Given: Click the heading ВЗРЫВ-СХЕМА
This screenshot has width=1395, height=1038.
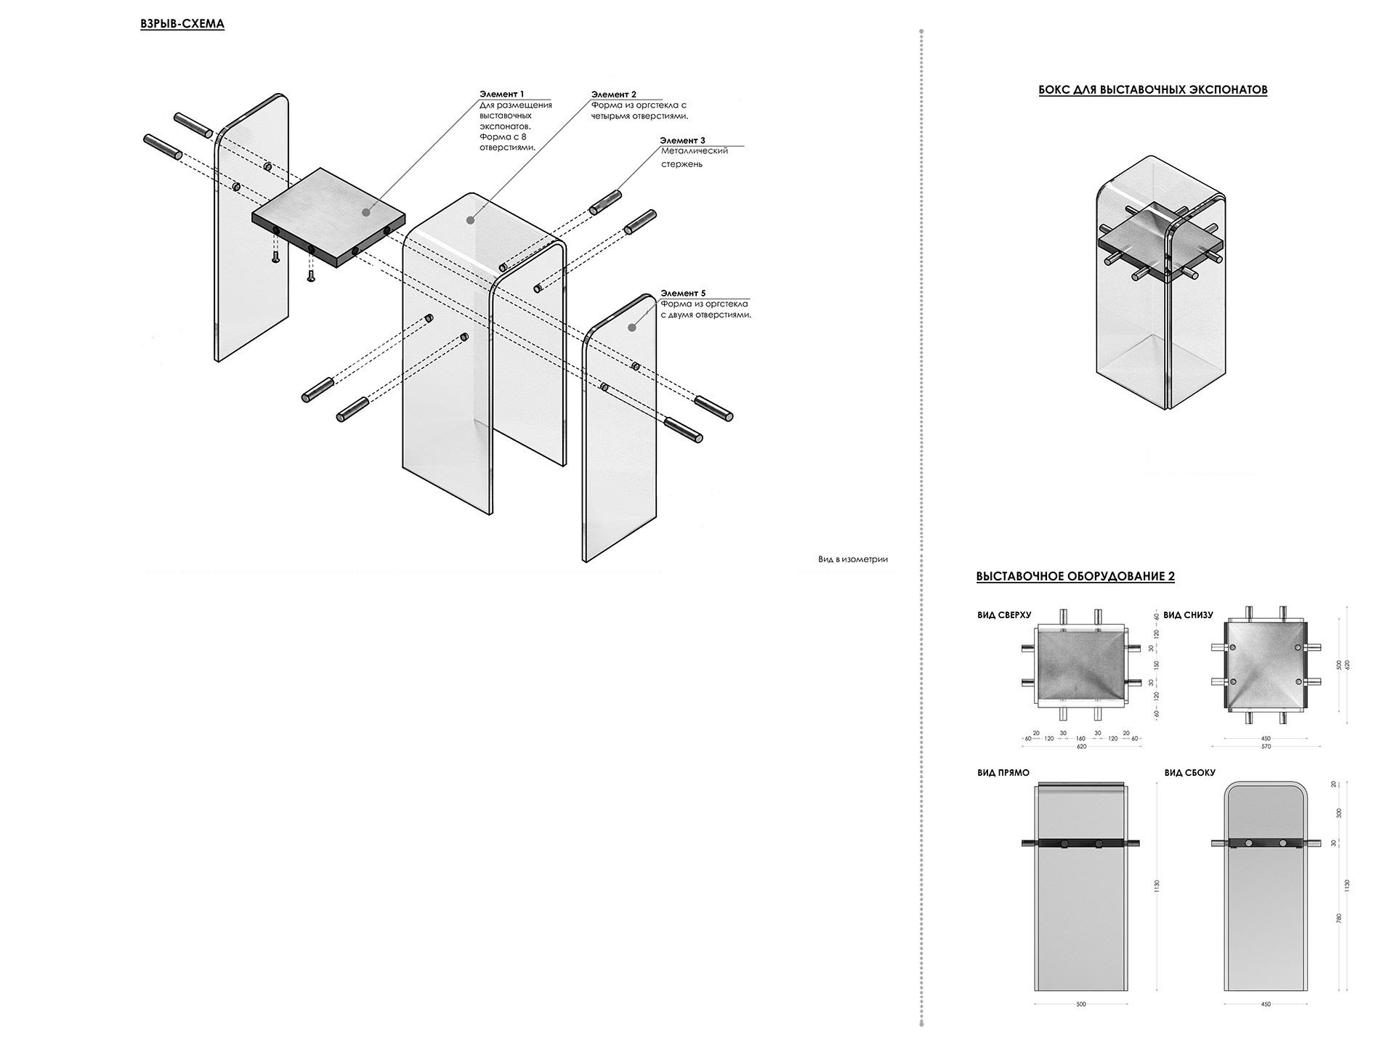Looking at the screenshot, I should (x=182, y=24).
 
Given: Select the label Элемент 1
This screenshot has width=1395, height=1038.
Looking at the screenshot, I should (x=501, y=94).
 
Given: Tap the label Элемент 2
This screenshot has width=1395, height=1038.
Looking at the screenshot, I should (x=613, y=94).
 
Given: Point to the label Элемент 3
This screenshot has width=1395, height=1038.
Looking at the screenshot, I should (x=682, y=140).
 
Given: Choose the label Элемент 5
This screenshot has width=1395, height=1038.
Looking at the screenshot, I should (x=682, y=293).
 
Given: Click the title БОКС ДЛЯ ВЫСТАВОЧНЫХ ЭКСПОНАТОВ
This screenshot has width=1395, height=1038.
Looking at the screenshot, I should (x=1152, y=90).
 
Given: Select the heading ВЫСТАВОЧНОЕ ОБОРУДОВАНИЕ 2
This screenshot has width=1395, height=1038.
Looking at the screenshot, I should (x=1075, y=577).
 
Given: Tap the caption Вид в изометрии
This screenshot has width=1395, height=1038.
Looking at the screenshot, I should (x=852, y=559).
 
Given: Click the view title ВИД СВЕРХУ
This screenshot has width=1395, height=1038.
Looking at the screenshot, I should (x=1004, y=615).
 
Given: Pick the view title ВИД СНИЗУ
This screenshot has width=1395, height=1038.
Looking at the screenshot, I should (x=1188, y=615).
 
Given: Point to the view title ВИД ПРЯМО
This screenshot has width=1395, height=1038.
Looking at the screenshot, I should (x=1003, y=773).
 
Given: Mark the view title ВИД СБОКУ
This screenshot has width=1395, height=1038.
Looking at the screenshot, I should (x=1189, y=773).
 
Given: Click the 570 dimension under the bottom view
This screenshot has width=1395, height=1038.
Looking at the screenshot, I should (x=1266, y=747).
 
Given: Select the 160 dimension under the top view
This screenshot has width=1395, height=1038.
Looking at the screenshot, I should (x=1080, y=739).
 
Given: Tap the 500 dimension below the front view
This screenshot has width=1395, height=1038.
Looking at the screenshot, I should (x=1080, y=1005).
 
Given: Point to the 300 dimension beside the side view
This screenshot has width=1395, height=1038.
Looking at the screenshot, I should (x=1339, y=813).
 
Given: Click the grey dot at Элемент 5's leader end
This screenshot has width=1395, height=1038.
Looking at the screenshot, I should (x=632, y=328).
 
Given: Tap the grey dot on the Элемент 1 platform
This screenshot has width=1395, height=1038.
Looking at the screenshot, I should (x=365, y=212).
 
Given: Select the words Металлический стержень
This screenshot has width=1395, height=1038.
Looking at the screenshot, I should (x=693, y=158).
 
